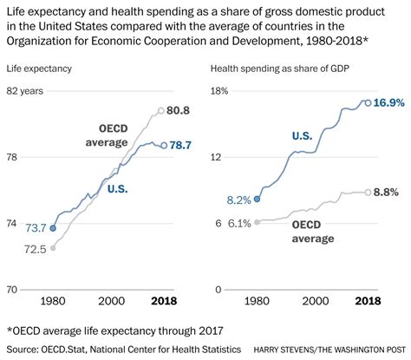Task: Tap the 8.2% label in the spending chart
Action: [x=238, y=200]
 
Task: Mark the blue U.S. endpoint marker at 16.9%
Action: [x=368, y=102]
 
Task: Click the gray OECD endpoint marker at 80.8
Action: [x=160, y=110]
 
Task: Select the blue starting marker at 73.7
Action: [x=53, y=228]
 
